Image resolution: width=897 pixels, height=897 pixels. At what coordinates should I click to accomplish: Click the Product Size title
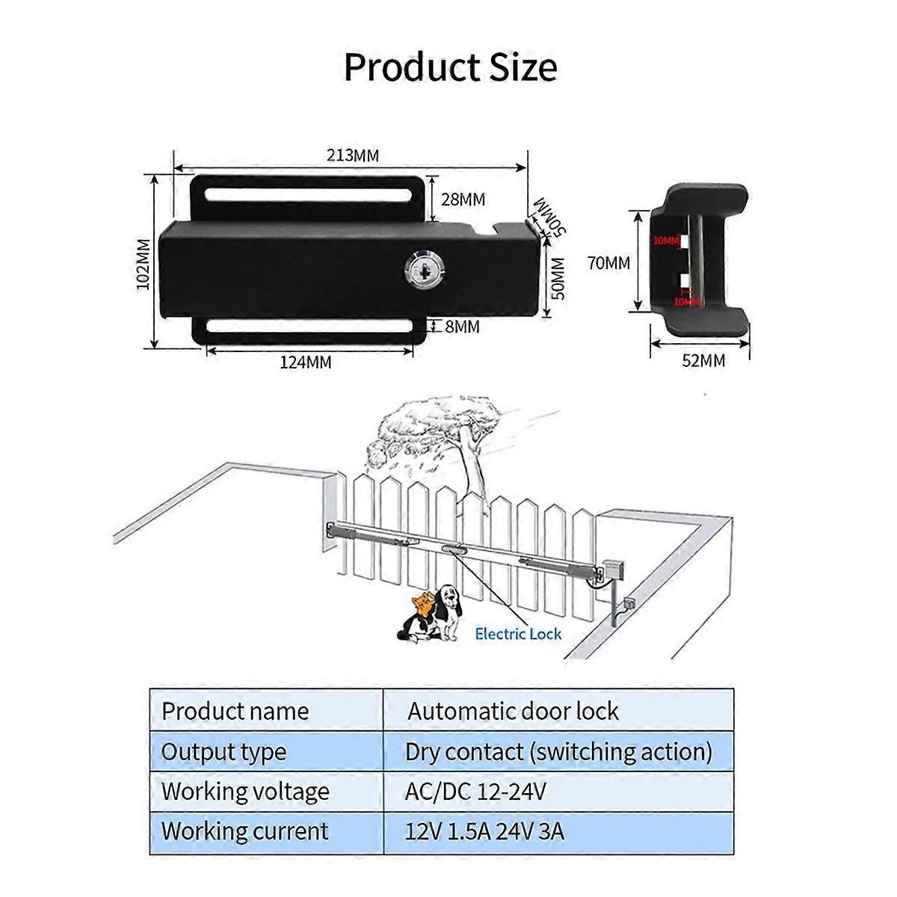coord(450,67)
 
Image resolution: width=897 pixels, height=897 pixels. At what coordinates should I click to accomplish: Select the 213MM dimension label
coord(352,155)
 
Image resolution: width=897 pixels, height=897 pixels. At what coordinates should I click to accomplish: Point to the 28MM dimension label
coord(463,200)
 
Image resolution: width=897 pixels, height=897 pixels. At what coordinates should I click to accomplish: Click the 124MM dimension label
coord(306,363)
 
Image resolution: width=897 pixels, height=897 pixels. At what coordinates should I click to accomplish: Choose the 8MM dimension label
coord(462,327)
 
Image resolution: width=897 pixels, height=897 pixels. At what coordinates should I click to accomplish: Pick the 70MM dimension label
coord(608,263)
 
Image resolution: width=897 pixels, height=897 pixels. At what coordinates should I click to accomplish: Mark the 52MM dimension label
coord(703,360)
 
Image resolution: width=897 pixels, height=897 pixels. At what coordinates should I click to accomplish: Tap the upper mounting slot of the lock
coord(307,196)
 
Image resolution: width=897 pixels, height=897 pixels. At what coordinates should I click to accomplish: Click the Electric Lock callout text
coord(518,634)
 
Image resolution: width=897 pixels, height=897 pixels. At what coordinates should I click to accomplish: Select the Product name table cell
coord(235,711)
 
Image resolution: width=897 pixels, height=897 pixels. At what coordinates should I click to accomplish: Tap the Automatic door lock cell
coord(513,711)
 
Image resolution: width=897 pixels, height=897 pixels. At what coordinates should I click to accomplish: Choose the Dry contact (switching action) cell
coord(558,751)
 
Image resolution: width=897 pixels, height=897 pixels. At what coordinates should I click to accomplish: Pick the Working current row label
coord(244,830)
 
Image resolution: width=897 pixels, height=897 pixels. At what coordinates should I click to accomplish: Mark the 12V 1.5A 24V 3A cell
coord(484,830)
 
